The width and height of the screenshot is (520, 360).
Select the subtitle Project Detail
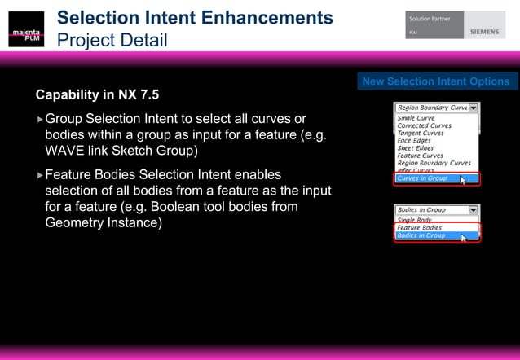point(112,39)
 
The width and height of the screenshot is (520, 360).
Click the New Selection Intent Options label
point(436,81)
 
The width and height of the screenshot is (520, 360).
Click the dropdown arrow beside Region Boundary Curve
point(474,107)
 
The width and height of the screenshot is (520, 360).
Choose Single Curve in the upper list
point(416,119)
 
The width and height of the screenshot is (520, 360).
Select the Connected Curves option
point(425,126)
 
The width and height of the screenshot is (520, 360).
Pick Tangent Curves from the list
point(421,134)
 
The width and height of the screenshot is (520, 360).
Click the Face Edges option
point(414,141)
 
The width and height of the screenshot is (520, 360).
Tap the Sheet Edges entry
point(415,148)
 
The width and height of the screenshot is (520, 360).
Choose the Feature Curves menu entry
point(420,156)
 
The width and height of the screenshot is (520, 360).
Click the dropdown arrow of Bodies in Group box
point(474,209)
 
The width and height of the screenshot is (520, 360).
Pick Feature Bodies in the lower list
point(419,228)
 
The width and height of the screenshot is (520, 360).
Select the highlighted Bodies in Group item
point(421,235)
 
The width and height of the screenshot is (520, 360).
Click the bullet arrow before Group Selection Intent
point(40,121)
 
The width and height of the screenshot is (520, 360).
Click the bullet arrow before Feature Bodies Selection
point(40,175)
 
